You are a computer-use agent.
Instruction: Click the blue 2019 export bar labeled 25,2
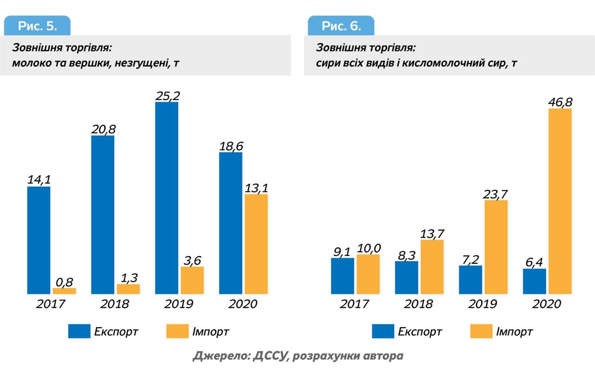click(166, 197)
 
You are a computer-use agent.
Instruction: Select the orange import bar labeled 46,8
click(560, 201)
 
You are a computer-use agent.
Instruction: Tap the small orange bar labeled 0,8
click(64, 291)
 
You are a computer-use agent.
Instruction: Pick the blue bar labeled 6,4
click(534, 281)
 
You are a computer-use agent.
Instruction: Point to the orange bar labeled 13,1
click(256, 244)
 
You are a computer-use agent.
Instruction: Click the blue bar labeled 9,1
click(343, 275)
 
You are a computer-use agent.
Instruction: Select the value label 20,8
click(103, 129)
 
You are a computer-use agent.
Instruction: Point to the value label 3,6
click(192, 260)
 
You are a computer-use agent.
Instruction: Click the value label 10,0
click(369, 248)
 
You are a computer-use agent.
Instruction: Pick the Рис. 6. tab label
click(341, 26)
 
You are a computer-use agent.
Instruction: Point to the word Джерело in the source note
click(220, 357)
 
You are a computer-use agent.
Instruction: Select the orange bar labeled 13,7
click(431, 267)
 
